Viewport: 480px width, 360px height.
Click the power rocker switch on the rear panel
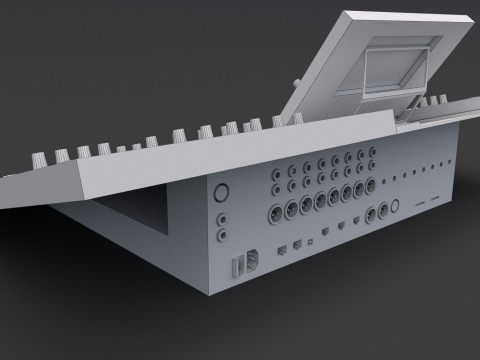pyautogui.click(x=237, y=267)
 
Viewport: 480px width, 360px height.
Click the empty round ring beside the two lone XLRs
pyautogui.click(x=393, y=208)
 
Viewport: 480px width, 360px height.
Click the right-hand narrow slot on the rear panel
pyautogui.click(x=439, y=199)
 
